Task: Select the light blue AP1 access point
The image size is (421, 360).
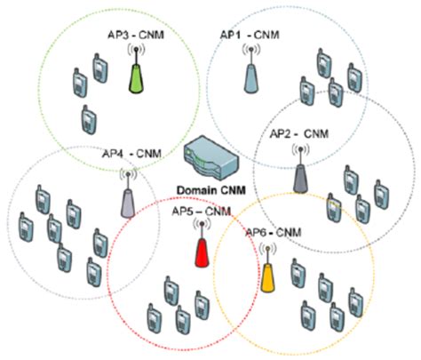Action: click(x=250, y=75)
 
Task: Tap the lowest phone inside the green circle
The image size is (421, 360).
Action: click(x=87, y=117)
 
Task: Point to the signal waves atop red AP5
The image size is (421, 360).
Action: click(x=202, y=224)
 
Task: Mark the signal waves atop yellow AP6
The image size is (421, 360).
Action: click(x=266, y=251)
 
